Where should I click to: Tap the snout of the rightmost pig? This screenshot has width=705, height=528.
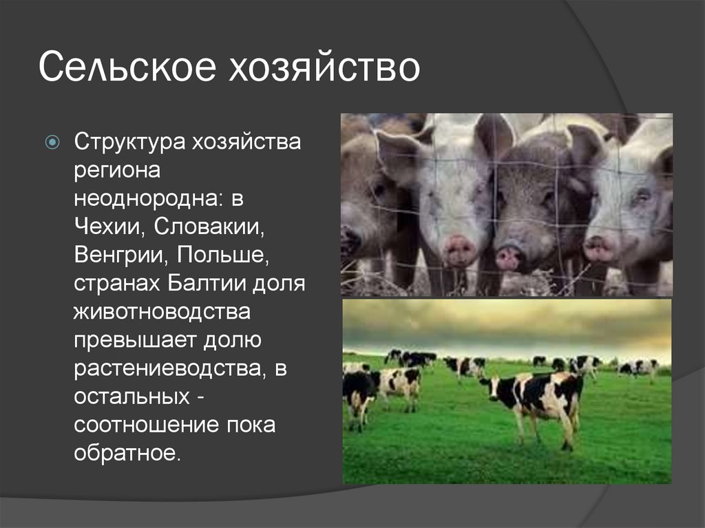[600, 246]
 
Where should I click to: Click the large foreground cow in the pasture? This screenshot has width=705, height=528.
[544, 399]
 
